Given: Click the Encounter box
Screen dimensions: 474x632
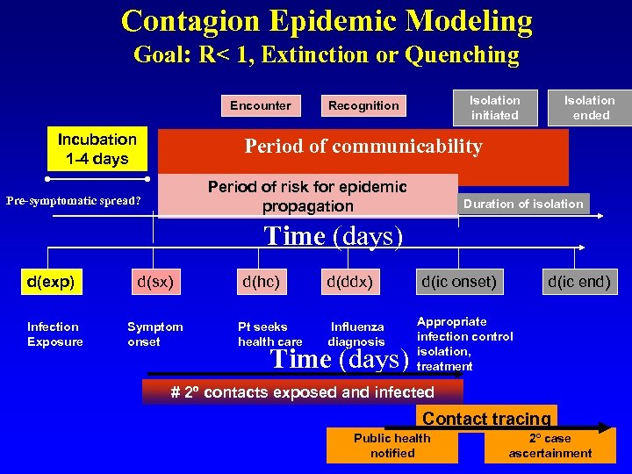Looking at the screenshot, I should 260,105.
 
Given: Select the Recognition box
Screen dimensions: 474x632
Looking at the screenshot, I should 363,105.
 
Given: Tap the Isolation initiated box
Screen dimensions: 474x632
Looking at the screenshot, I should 494,107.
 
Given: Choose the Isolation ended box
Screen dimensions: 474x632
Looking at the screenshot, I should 590,107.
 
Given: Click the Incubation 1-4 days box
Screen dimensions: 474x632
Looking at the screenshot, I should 97,149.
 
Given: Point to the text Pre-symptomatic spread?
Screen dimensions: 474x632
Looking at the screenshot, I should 73,201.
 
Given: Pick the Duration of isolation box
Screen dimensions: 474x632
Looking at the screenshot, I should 523,204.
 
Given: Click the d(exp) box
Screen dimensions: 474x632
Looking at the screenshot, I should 50,282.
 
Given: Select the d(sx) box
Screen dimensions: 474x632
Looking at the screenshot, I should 154,282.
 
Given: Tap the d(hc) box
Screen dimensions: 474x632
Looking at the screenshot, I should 261,282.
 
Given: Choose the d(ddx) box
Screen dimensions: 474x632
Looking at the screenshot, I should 349,282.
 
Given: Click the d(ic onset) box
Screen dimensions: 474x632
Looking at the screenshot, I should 459,282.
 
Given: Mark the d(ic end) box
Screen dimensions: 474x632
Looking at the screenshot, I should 578,282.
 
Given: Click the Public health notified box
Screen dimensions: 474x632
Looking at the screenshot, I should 392,445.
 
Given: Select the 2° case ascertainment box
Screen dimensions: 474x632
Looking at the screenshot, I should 550,445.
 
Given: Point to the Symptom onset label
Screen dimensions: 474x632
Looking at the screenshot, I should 155,334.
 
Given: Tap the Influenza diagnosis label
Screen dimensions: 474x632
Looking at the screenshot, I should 356,334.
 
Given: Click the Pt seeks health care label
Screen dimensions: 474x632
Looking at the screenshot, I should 269,334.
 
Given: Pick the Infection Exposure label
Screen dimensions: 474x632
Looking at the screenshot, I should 54,334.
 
